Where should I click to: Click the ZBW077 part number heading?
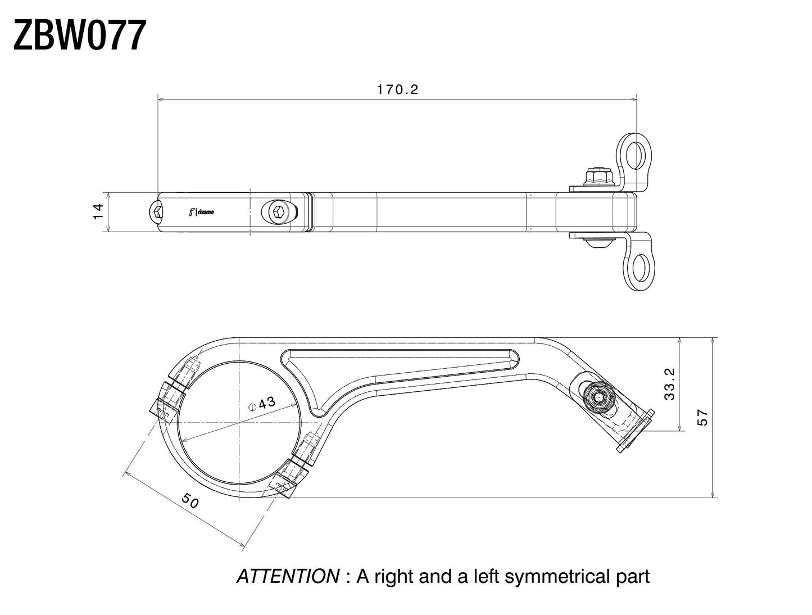click(80, 35)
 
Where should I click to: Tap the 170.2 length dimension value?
click(397, 89)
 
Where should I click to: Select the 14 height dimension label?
click(98, 211)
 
